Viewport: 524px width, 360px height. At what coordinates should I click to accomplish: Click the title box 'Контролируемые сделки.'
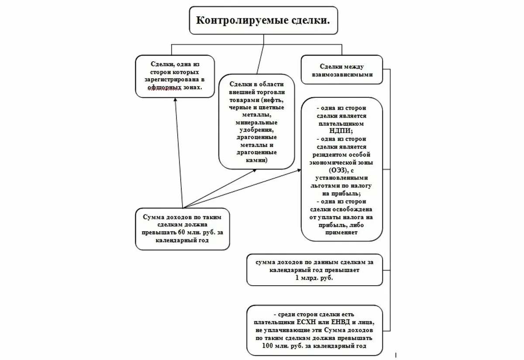click(263, 21)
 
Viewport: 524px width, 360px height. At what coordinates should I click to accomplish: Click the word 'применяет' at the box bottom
click(342, 233)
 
